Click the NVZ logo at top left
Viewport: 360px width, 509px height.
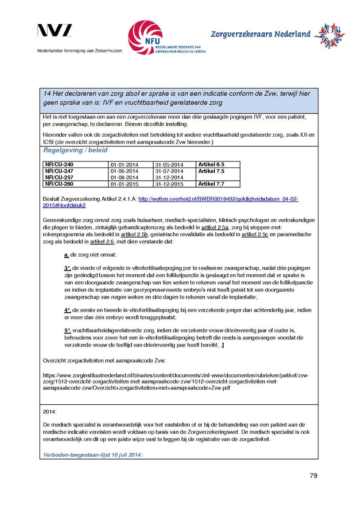[x=55, y=31]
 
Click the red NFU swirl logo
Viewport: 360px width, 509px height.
[x=145, y=37]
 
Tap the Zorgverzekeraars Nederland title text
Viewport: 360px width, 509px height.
[x=260, y=34]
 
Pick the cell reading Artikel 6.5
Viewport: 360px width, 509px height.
[x=211, y=164]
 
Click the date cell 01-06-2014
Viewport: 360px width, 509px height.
[x=124, y=171]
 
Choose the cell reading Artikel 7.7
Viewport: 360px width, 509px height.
[x=211, y=184]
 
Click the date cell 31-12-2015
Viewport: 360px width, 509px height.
[x=169, y=184]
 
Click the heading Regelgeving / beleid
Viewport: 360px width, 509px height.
[x=75, y=150]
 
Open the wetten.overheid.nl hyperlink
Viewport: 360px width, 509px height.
[x=218, y=199]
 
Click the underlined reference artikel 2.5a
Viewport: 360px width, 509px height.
[x=215, y=227]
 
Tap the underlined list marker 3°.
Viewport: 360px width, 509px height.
[x=67, y=268]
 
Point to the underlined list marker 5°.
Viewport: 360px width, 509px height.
[x=67, y=331]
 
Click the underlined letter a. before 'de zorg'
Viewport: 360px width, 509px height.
[x=66, y=255]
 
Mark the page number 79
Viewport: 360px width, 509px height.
[x=313, y=475]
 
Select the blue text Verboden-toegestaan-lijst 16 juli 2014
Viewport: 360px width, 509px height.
[x=93, y=455]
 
